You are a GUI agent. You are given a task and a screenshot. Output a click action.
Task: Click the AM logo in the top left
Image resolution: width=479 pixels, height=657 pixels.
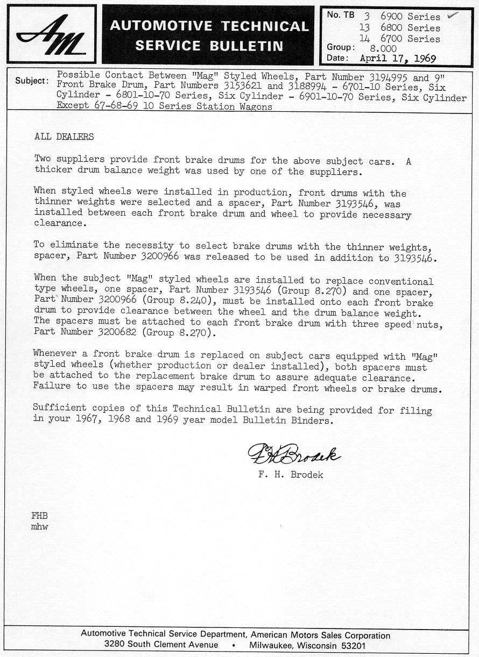click(x=51, y=34)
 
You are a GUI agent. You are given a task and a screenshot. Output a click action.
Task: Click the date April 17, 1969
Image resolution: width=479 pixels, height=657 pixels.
click(x=398, y=58)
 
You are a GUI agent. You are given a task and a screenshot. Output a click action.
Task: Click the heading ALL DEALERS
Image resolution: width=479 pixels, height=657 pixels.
click(x=64, y=137)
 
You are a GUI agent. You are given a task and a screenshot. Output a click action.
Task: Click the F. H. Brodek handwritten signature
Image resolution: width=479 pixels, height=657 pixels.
click(x=293, y=456)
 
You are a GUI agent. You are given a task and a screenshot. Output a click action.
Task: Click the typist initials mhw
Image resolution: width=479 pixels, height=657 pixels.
click(x=40, y=527)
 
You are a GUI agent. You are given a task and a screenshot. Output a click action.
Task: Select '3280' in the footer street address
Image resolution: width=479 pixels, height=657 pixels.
click(x=116, y=645)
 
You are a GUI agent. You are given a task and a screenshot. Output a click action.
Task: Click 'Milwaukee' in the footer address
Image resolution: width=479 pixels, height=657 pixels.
click(x=270, y=645)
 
